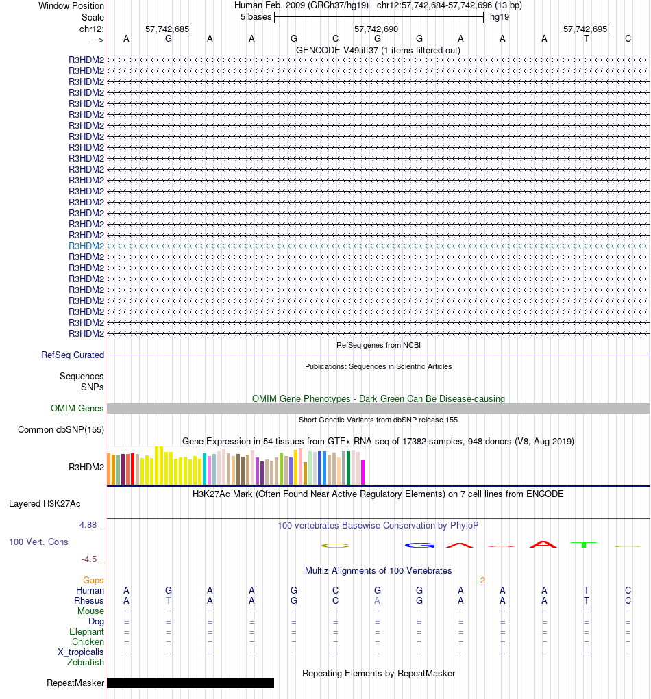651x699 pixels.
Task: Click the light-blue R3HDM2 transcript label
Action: tap(86, 246)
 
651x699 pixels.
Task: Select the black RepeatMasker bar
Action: tap(191, 683)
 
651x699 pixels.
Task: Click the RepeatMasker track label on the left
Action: tap(75, 683)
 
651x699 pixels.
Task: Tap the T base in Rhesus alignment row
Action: tap(169, 600)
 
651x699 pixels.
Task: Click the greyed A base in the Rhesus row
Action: tap(377, 600)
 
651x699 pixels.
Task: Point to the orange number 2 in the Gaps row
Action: tap(482, 580)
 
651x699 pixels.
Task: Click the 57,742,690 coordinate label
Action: tap(376, 29)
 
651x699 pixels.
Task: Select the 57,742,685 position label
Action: tap(167, 29)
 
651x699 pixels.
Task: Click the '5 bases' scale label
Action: tap(256, 17)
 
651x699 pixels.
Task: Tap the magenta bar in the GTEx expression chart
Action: tap(363, 472)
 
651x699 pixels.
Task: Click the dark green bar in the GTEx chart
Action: tap(349, 468)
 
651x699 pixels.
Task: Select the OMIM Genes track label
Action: tap(77, 408)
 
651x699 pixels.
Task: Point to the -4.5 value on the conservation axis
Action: tap(90, 559)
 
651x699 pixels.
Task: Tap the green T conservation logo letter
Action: tap(583, 544)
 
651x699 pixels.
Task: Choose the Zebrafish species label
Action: tap(86, 662)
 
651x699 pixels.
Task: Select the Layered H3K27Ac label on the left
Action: tap(45, 504)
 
